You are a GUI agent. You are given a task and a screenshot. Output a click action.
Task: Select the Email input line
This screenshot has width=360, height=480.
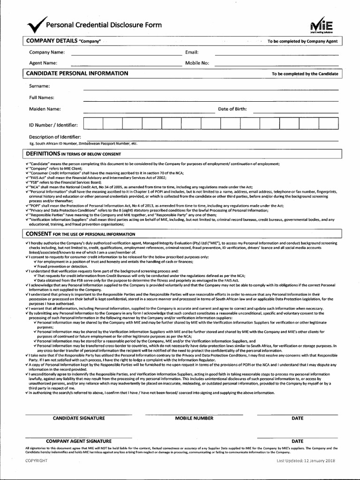coord(276,54)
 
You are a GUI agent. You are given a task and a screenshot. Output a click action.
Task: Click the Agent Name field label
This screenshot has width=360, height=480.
coord(43,63)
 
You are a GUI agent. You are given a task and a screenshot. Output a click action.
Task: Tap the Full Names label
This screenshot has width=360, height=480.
coord(42,97)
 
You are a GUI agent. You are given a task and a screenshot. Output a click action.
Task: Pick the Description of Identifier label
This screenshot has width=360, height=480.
coord(58,137)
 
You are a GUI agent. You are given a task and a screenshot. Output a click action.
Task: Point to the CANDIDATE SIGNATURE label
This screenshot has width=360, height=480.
coord(79,418)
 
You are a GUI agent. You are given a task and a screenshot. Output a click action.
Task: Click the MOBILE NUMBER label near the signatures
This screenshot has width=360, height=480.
coord(194,418)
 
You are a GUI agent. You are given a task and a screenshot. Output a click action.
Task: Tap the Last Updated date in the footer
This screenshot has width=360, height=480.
coord(306,461)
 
